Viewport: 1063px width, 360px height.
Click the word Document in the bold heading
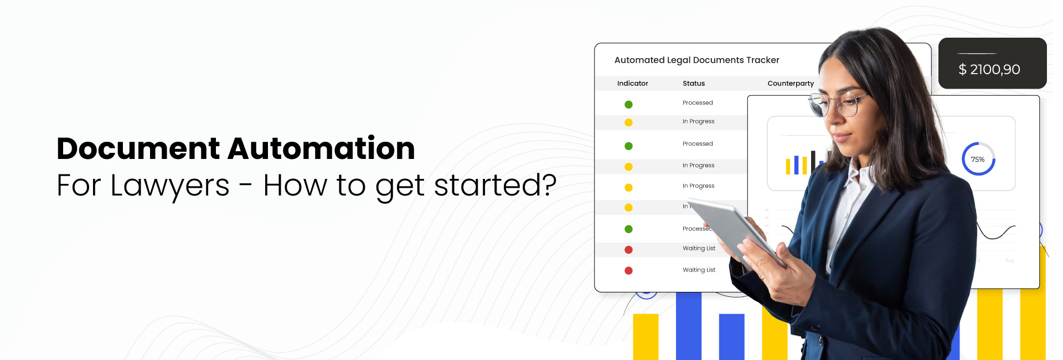tap(138, 149)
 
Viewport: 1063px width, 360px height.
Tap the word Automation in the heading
tap(321, 149)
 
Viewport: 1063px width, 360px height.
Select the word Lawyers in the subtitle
tap(170, 186)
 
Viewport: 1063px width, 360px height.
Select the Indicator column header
tap(632, 84)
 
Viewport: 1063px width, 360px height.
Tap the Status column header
tap(694, 84)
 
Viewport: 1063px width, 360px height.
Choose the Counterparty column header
tap(791, 84)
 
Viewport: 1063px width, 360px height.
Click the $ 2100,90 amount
tap(989, 69)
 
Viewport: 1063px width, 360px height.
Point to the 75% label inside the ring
tap(978, 160)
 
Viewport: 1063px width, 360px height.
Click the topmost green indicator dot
tap(628, 105)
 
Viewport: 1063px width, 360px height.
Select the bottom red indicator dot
tap(628, 271)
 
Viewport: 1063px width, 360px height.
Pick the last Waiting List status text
tap(699, 270)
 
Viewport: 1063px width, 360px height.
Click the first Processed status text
tap(698, 103)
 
